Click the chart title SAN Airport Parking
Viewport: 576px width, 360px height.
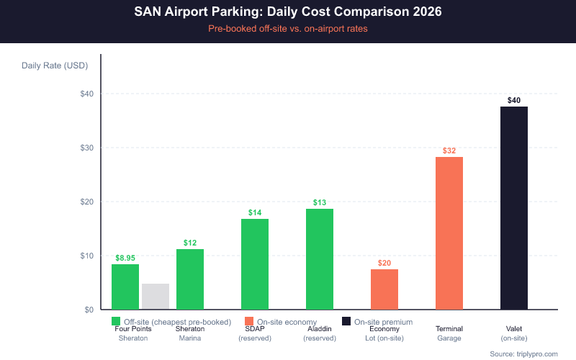[288, 12]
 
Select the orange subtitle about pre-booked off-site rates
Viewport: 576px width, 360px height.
[288, 29]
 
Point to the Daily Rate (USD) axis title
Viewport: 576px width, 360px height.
[55, 66]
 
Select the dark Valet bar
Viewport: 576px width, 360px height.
[514, 208]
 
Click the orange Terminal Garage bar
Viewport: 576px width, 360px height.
[449, 233]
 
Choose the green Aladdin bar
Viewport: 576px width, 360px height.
[320, 259]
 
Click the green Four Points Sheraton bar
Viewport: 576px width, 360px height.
[125, 287]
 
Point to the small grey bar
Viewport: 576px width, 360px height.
[156, 297]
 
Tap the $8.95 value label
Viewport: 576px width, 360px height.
[126, 257]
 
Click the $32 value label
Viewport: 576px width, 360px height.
[449, 150]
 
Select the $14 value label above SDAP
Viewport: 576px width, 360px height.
[255, 212]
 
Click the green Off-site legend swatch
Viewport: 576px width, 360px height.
[116, 321]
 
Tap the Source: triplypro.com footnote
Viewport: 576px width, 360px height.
[523, 354]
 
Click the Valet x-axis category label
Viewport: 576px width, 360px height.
[514, 329]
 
